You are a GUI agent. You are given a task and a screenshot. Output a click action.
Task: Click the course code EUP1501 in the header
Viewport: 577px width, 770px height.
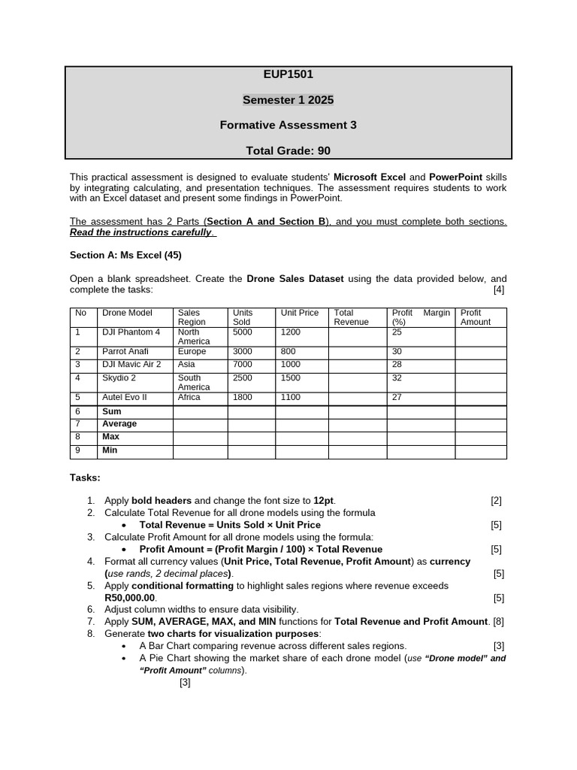pyautogui.click(x=288, y=74)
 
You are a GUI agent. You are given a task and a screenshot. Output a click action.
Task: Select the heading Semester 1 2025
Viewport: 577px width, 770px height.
pyautogui.click(x=288, y=100)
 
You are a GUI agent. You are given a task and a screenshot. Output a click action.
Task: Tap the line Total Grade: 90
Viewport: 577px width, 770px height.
pyautogui.click(x=288, y=150)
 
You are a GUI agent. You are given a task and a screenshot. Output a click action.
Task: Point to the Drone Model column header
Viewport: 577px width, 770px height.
pyautogui.click(x=127, y=313)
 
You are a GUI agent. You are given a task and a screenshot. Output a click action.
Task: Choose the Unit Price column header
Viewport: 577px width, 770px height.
pyautogui.click(x=299, y=313)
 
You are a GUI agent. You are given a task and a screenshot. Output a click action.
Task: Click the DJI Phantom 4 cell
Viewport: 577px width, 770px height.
pyautogui.click(x=131, y=332)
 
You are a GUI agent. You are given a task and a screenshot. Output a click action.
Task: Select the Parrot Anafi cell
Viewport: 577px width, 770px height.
pyautogui.click(x=125, y=351)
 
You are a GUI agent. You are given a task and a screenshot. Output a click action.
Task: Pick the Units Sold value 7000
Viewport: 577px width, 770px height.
pyautogui.click(x=243, y=364)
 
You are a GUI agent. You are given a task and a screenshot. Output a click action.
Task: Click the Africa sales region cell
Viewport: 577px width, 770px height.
pyautogui.click(x=189, y=397)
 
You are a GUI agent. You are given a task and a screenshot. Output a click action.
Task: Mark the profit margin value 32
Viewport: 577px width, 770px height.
pyautogui.click(x=397, y=378)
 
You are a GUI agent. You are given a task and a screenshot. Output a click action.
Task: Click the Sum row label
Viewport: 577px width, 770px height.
pyautogui.click(x=111, y=412)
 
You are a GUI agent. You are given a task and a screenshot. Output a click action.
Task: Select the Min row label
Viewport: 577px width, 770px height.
pyautogui.click(x=110, y=451)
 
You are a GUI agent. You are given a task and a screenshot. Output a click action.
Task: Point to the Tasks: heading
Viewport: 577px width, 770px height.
pyautogui.click(x=85, y=477)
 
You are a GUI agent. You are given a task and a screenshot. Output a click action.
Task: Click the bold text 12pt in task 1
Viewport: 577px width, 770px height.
pyautogui.click(x=324, y=501)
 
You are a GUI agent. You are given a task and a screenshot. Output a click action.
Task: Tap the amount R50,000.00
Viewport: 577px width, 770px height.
pyautogui.click(x=131, y=598)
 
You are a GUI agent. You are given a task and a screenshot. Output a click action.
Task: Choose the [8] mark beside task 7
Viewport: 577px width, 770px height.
pyautogui.click(x=498, y=622)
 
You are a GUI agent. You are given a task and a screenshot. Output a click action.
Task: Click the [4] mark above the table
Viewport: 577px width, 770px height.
pyautogui.click(x=499, y=290)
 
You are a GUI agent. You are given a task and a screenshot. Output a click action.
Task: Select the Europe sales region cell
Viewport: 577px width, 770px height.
pyautogui.click(x=192, y=351)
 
